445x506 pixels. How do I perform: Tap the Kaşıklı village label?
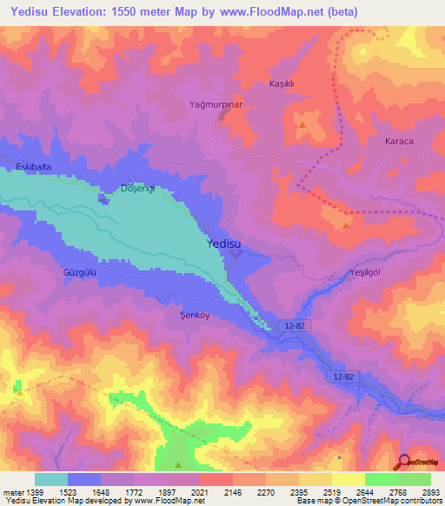[286, 83]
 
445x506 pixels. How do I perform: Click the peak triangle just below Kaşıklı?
[302, 126]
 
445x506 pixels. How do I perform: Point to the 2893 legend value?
[429, 492]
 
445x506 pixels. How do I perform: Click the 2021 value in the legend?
[199, 492]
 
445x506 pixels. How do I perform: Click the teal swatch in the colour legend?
[51, 479]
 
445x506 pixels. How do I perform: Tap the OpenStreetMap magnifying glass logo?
[404, 461]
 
